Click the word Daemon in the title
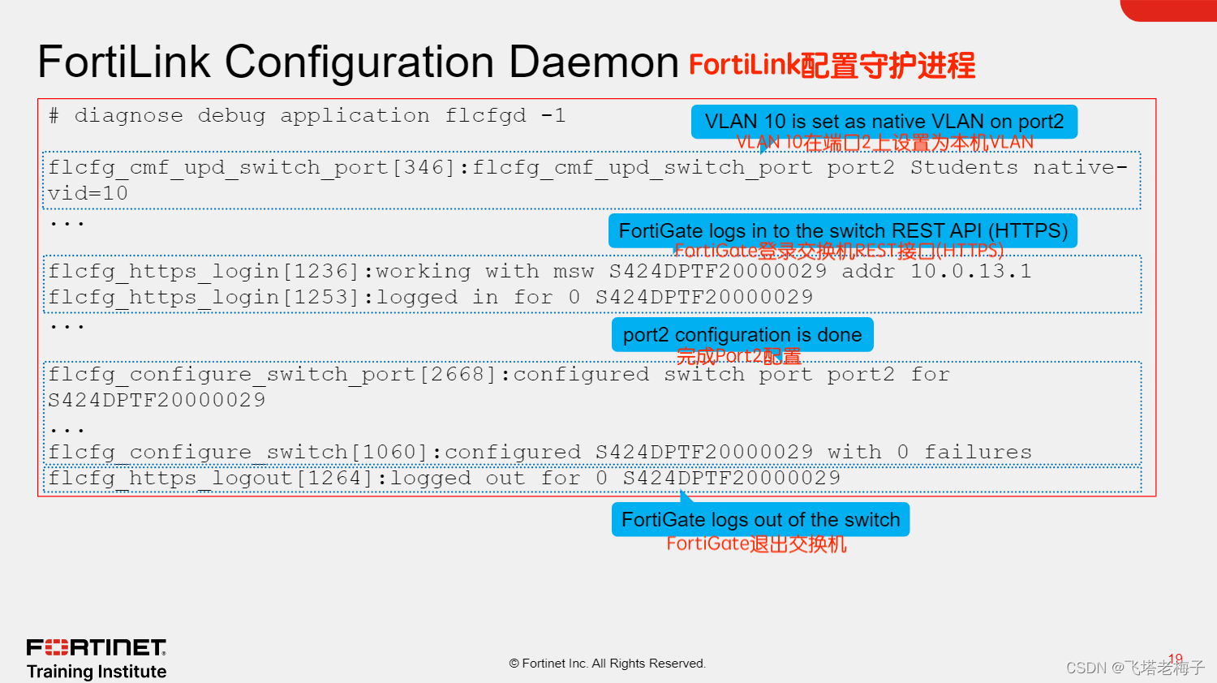[593, 62]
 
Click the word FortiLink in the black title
[124, 62]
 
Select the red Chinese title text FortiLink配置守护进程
[832, 65]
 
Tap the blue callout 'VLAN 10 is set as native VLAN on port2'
[884, 122]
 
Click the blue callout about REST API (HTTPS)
[842, 231]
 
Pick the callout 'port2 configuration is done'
[742, 335]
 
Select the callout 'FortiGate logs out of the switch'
[760, 520]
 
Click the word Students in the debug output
[963, 168]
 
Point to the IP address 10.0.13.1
[970, 272]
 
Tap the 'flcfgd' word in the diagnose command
[485, 116]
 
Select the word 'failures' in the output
[978, 453]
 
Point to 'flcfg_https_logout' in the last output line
[170, 479]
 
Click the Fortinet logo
[96, 647]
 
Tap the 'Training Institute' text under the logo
[96, 672]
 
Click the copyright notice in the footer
[607, 664]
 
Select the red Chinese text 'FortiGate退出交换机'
[756, 543]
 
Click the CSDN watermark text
[1134, 668]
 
